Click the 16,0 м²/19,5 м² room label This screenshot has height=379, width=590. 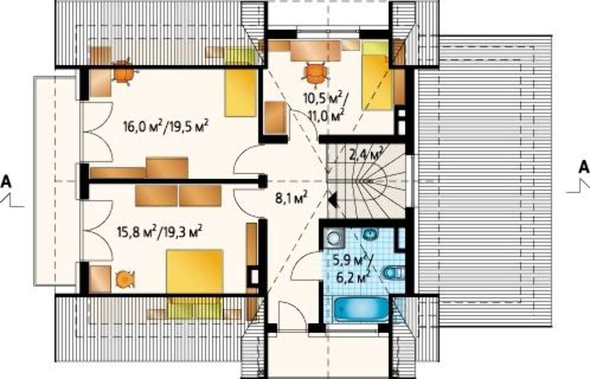pos(166,127)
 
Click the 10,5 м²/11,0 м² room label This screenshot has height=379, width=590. pos(326,107)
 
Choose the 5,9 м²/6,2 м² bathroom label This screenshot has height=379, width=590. pos(352,268)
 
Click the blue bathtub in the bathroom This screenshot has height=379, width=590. pos(361,309)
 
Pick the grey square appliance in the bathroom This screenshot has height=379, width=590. pos(333,238)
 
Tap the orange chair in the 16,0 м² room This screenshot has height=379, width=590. pos(123,72)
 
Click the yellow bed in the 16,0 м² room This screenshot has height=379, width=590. pos(241,93)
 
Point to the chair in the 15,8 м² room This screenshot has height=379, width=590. pos(124,279)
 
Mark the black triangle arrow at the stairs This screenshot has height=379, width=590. pos(332,200)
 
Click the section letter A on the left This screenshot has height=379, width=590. pos(6,182)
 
